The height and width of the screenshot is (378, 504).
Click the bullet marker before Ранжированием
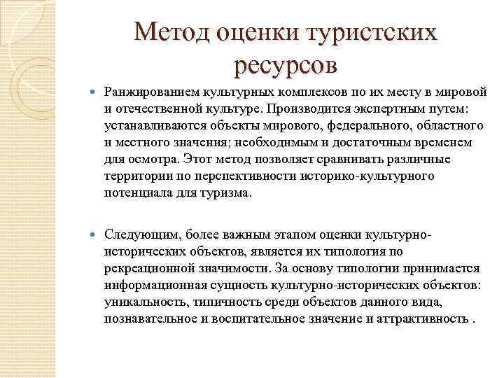coord(95,93)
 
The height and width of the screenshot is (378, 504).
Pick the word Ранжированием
coord(147,93)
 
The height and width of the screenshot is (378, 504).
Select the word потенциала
coord(134,192)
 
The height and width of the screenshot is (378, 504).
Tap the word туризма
coord(226,192)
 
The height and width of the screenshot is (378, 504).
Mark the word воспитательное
coord(247,318)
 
